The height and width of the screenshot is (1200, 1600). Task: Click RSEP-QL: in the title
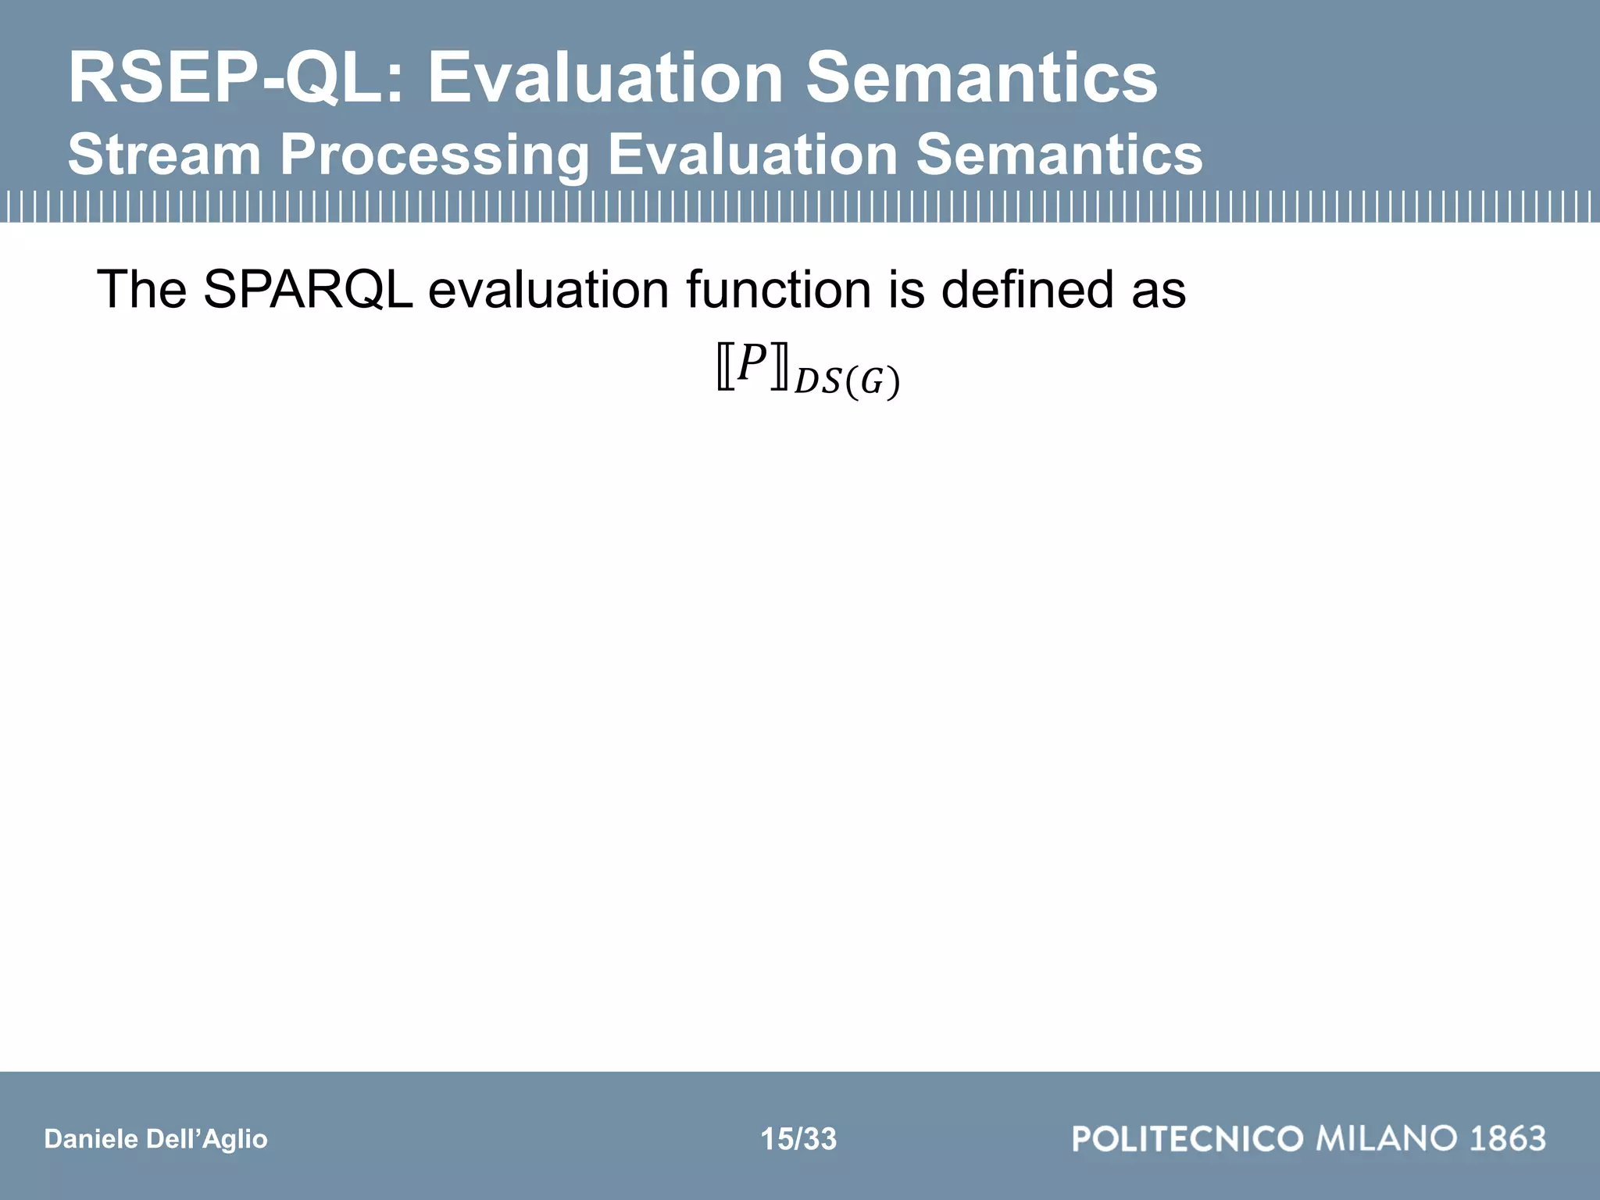point(234,78)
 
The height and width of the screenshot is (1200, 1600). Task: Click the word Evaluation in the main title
point(605,78)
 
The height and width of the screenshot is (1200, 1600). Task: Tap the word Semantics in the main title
point(981,78)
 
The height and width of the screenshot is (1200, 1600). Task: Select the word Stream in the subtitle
point(164,155)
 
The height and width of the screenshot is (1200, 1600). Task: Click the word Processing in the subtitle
point(434,155)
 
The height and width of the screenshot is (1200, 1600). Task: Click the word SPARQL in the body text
point(308,290)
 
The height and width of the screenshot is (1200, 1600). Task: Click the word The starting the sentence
point(141,290)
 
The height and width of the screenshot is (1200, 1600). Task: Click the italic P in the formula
point(752,364)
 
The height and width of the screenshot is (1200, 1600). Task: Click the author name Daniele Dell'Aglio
point(155,1139)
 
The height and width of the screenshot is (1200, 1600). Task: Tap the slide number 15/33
point(798,1139)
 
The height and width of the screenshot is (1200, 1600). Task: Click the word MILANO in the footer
point(1387,1139)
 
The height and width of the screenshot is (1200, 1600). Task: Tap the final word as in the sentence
point(1159,290)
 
